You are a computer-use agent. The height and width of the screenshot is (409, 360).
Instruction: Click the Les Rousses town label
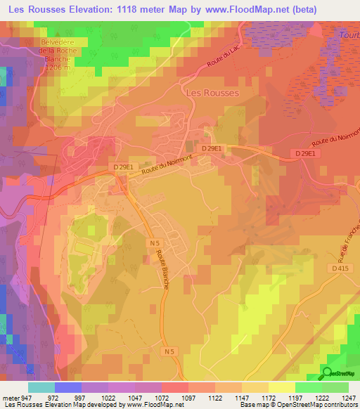tap(211, 92)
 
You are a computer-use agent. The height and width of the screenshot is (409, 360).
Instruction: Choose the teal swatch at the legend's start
tap(41, 387)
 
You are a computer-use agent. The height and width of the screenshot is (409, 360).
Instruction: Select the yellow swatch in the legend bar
tap(281, 387)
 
